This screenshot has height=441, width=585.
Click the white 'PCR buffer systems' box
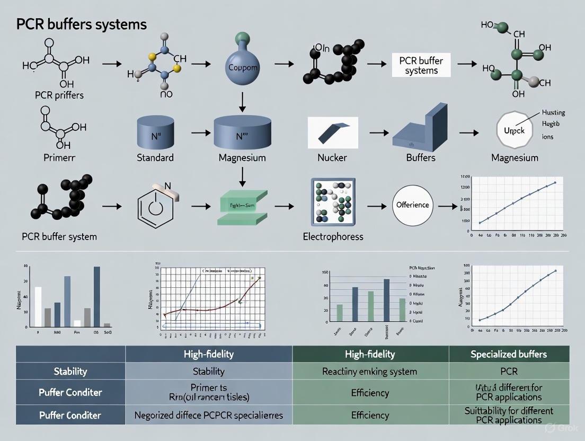pyautogui.click(x=421, y=66)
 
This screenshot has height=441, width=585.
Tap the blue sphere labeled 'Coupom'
pyautogui.click(x=242, y=67)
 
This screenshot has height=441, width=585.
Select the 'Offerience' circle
pyautogui.click(x=412, y=204)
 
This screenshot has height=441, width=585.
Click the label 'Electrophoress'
pyautogui.click(x=333, y=236)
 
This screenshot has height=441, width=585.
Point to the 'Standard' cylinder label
pyautogui.click(x=155, y=157)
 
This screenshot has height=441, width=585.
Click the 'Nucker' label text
pyautogui.click(x=332, y=157)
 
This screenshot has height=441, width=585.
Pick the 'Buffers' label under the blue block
pyautogui.click(x=420, y=157)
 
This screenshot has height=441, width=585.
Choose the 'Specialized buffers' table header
pyautogui.click(x=509, y=354)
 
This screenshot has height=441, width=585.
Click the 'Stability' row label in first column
pyautogui.click(x=70, y=371)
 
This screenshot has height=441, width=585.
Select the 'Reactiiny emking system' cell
pyautogui.click(x=370, y=371)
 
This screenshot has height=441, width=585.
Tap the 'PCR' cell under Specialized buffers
pyautogui.click(x=509, y=371)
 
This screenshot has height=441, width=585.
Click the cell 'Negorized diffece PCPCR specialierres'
pyautogui.click(x=208, y=415)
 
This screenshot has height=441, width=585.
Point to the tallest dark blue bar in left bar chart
pyautogui.click(x=96, y=296)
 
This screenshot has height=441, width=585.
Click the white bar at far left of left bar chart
pyautogui.click(x=38, y=306)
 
